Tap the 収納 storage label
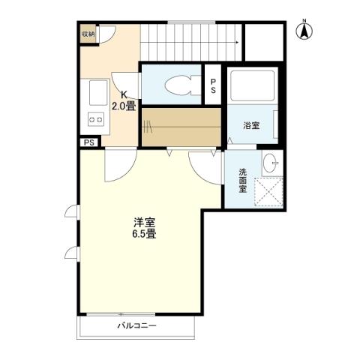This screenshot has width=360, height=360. coord(88,34)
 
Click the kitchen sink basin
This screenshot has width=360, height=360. coord(96,94)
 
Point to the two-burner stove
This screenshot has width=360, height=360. coord(96,118)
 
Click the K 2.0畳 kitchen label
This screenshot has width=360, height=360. coord(124,100)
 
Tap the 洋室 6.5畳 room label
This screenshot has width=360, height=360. coord(145,227)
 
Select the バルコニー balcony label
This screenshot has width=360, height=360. coord(136,326)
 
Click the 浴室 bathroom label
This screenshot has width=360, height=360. coord(251,125)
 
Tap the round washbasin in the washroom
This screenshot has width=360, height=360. coord(271,164)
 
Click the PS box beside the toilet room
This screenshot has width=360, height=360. coord(214,86)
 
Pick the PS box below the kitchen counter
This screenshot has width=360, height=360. coord(89,142)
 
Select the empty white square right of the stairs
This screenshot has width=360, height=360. coord(263,43)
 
